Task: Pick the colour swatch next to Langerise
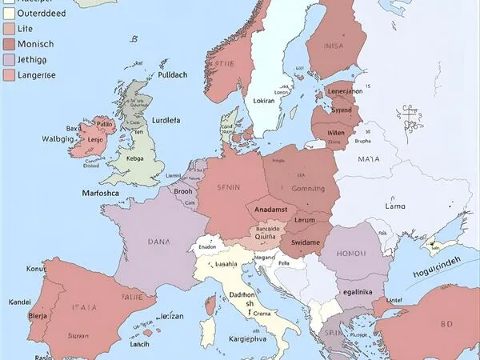click(8, 74)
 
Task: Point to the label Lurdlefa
click(166, 121)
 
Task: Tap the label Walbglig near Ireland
click(58, 138)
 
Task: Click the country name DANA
click(158, 240)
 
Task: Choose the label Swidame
click(305, 242)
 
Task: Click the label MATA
click(369, 159)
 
